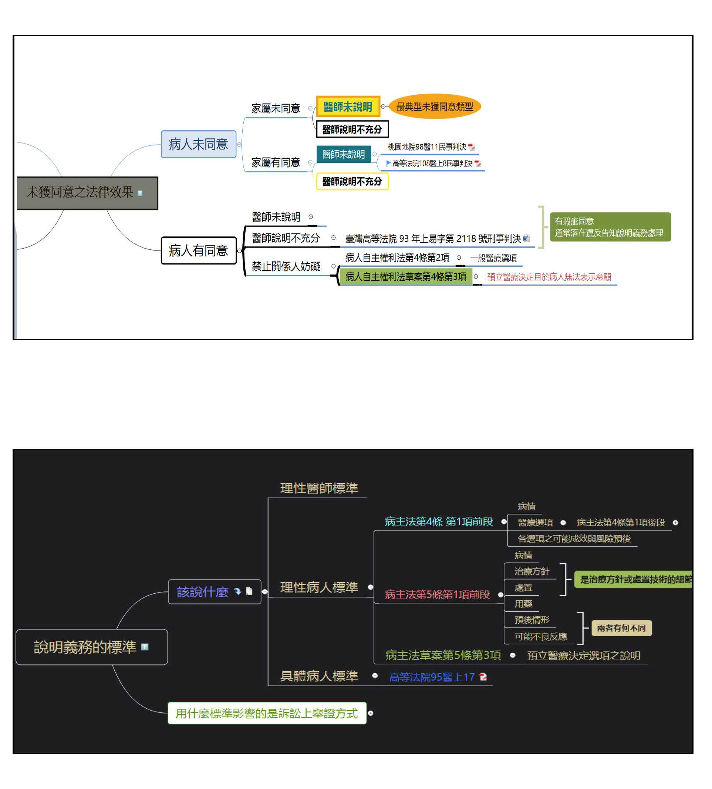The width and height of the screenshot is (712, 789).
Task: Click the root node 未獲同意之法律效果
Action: [87, 193]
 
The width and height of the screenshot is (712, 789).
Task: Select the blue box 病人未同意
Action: [198, 144]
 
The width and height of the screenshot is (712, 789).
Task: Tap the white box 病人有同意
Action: [198, 250]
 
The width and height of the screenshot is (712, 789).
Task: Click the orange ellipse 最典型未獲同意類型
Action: [434, 107]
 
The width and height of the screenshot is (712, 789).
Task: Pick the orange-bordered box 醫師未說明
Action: [348, 107]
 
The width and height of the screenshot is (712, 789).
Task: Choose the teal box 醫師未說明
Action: [343, 154]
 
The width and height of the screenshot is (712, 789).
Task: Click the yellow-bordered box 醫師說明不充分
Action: [352, 182]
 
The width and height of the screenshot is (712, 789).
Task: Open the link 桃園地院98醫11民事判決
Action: [427, 147]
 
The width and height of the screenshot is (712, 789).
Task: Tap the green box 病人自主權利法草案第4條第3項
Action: [405, 277]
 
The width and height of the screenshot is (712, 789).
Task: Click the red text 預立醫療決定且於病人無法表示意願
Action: [549, 277]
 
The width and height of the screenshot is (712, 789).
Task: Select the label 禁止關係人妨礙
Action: [286, 266]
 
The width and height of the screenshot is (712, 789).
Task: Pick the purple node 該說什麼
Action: [203, 591]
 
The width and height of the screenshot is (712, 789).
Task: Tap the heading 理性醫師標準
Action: [319, 488]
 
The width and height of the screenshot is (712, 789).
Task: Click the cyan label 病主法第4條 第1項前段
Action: [439, 522]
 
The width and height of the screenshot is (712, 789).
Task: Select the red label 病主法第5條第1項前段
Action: [437, 594]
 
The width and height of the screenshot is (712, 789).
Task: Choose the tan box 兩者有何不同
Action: [621, 628]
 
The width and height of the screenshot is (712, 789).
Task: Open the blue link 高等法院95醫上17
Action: [432, 677]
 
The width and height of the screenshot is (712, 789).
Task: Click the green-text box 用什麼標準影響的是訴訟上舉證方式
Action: [266, 713]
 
